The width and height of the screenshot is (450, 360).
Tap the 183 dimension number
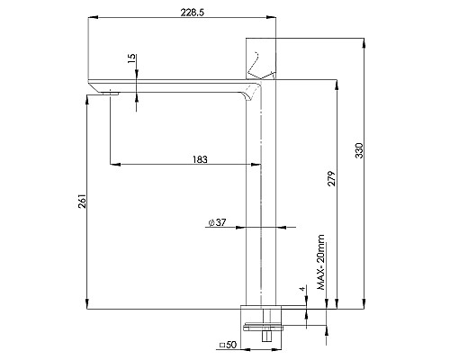[200, 159]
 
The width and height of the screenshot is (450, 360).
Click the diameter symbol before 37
[210, 222]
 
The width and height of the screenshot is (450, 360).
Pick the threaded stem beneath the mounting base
[265, 335]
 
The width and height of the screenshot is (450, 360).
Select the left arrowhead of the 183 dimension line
[113, 165]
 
